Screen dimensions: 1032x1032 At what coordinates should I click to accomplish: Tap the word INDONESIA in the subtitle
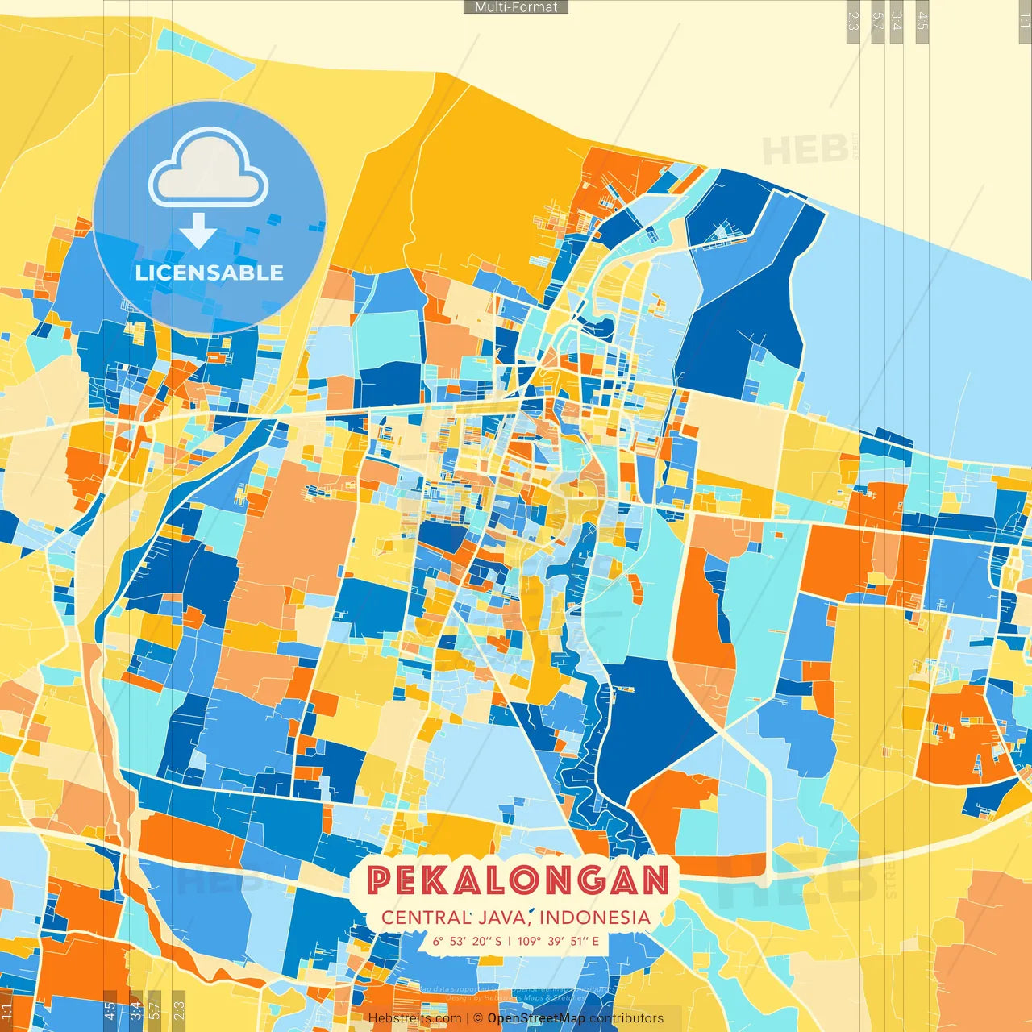coord(595,917)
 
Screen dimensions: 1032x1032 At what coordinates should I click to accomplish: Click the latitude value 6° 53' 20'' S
coord(467,941)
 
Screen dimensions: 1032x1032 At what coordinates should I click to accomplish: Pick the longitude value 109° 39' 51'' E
coord(558,941)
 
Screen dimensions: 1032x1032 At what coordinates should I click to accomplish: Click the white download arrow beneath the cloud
coord(198,231)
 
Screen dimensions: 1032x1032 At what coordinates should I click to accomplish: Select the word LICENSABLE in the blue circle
coord(210,273)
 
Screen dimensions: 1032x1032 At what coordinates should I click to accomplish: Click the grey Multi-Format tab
coord(516,7)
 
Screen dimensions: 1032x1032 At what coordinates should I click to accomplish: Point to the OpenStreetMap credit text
coord(536,1018)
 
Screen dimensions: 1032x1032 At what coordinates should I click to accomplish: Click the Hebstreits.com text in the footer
coord(414,1018)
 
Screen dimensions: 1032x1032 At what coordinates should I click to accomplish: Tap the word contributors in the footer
coord(626,1018)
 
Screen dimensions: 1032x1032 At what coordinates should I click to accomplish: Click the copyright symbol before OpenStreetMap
coord(478,1018)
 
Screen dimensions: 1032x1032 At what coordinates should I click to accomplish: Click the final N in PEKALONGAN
coord(655,880)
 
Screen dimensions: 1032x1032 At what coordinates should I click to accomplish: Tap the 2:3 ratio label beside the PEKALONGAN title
coord(179,1010)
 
